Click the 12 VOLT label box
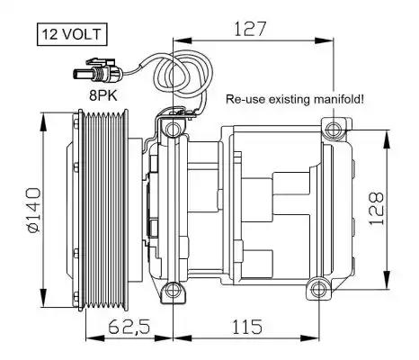pos(72,34)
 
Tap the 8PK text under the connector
pos(103,95)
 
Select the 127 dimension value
pos(250,29)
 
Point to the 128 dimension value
pos(377,208)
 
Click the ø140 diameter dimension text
pos(33,210)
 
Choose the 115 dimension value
pos(247,327)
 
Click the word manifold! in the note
pos(339,99)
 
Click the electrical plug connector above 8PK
pos(98,72)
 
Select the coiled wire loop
pos(183,74)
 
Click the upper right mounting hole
pos(333,130)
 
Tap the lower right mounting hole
pos(317,289)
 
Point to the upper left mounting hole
pos(174,130)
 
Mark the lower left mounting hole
pos(174,290)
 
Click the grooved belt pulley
pos(103,210)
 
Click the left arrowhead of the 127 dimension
pos(183,41)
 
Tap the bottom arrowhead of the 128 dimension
pos(387,280)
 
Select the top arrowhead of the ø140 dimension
pos(44,121)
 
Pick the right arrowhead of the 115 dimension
pos(308,338)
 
